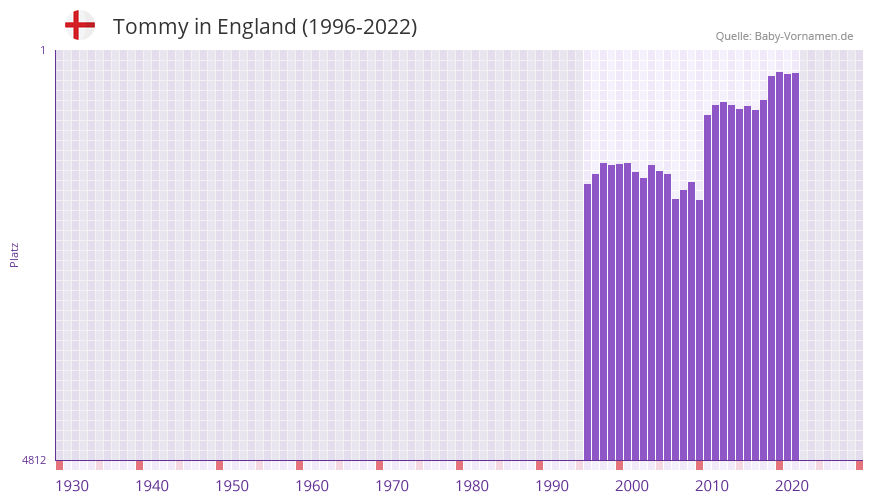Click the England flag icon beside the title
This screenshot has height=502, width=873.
click(79, 25)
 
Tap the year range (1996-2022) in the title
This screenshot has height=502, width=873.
click(359, 27)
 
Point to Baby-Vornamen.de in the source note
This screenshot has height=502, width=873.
click(804, 36)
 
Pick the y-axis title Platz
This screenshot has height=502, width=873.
click(14, 254)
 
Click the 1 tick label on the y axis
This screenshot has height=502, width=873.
click(42, 50)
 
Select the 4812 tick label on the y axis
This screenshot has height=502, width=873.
click(34, 460)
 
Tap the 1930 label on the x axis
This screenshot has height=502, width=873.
click(72, 486)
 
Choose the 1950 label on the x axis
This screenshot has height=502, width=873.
click(232, 486)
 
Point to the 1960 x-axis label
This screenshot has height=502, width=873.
click(312, 486)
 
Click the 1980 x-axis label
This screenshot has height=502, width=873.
click(472, 486)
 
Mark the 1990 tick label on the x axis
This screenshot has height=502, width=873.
click(552, 486)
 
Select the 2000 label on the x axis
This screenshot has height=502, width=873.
click(632, 486)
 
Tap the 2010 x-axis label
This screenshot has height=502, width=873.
click(712, 486)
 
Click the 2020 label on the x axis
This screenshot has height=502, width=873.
click(792, 486)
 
